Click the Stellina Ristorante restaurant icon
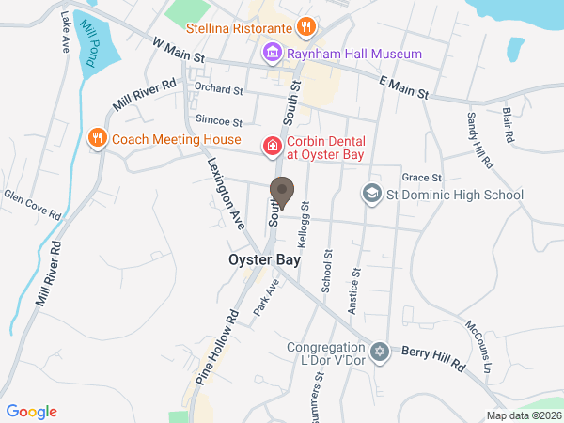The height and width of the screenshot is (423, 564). (304, 26)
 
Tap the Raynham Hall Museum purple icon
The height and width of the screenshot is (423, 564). (273, 54)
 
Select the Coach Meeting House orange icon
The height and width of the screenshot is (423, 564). (96, 139)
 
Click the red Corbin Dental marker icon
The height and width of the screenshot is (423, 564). (271, 147)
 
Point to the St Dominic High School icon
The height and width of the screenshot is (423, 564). (371, 195)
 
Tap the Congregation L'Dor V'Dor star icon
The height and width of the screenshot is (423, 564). (380, 352)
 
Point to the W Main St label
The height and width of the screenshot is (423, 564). (179, 49)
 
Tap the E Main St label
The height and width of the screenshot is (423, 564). (403, 89)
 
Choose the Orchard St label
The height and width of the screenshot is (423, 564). (218, 90)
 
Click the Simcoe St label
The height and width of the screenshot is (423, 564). (218, 122)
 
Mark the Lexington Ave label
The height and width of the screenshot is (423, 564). (226, 194)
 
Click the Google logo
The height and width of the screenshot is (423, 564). (32, 411)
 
